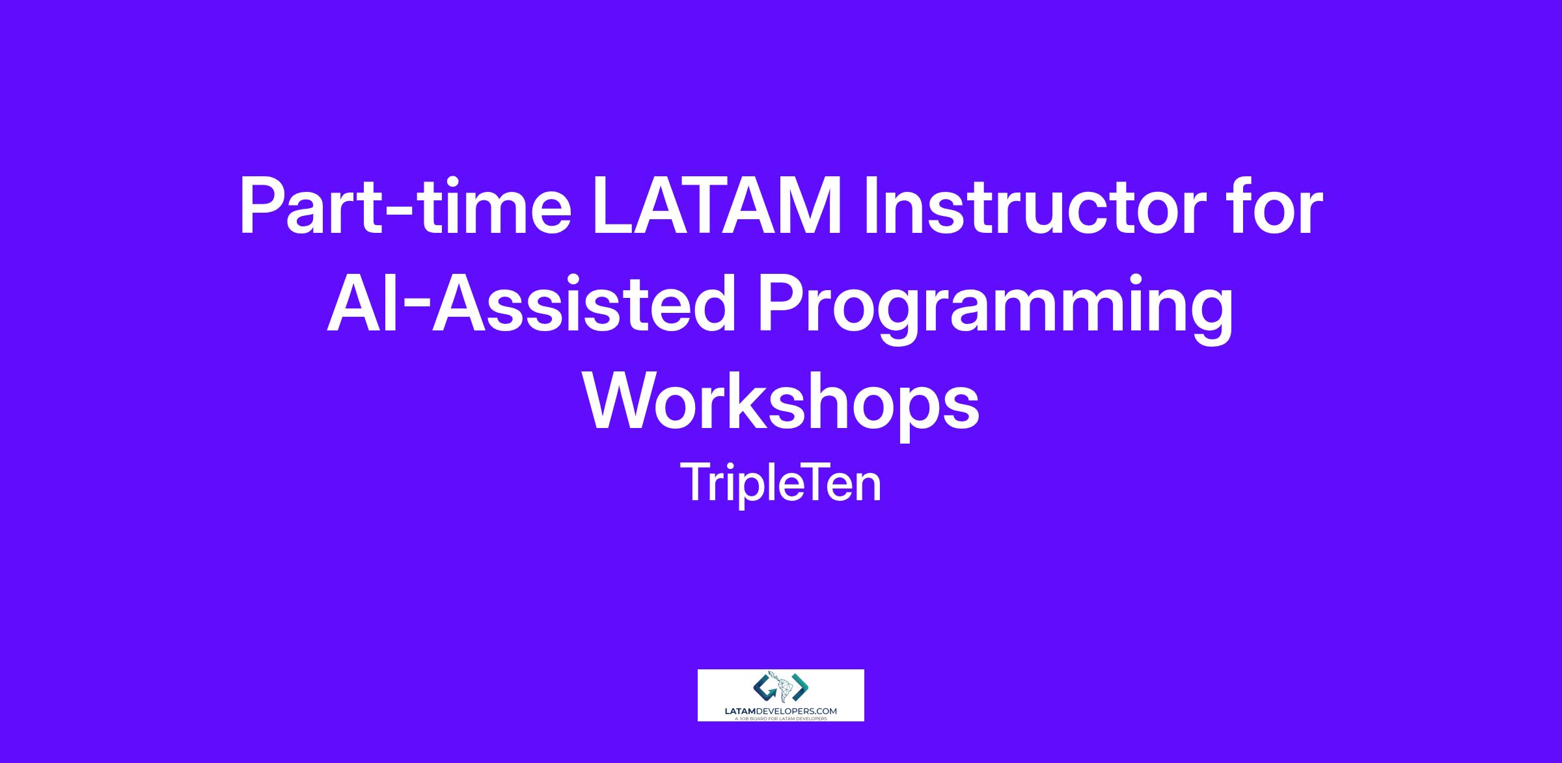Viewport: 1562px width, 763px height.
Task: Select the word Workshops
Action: coord(781,407)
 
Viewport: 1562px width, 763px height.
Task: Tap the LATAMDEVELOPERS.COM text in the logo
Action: coord(781,712)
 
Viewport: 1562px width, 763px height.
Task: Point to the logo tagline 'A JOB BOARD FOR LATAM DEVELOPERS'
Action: coord(781,719)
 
